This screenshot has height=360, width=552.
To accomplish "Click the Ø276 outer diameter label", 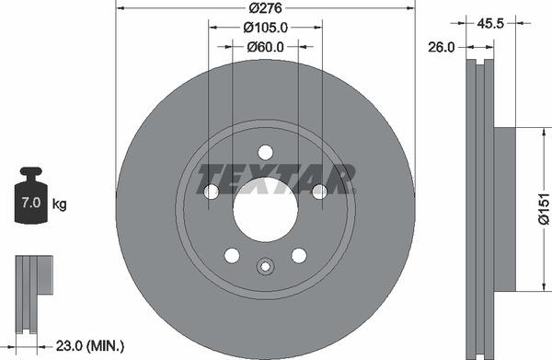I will tap(265, 9).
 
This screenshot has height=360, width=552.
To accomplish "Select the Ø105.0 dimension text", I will tap(265, 28).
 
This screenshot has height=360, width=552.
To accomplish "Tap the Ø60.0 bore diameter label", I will tap(265, 46).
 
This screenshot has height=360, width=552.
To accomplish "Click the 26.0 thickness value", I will tap(442, 47).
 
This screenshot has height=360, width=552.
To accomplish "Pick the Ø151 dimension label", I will tap(543, 208).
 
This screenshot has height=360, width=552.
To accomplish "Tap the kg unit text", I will tap(60, 203).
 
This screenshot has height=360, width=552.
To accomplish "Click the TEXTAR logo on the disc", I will tap(276, 177).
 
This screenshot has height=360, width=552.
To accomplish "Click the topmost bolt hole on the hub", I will tap(265, 152).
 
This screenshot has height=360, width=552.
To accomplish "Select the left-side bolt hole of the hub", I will tap(211, 192).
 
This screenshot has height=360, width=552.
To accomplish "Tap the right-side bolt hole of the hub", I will tap(319, 192).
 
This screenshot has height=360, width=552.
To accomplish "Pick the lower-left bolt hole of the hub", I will tap(232, 255).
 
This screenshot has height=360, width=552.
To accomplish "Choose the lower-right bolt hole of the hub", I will tap(299, 255).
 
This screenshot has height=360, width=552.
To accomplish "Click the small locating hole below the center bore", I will tap(265, 268).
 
